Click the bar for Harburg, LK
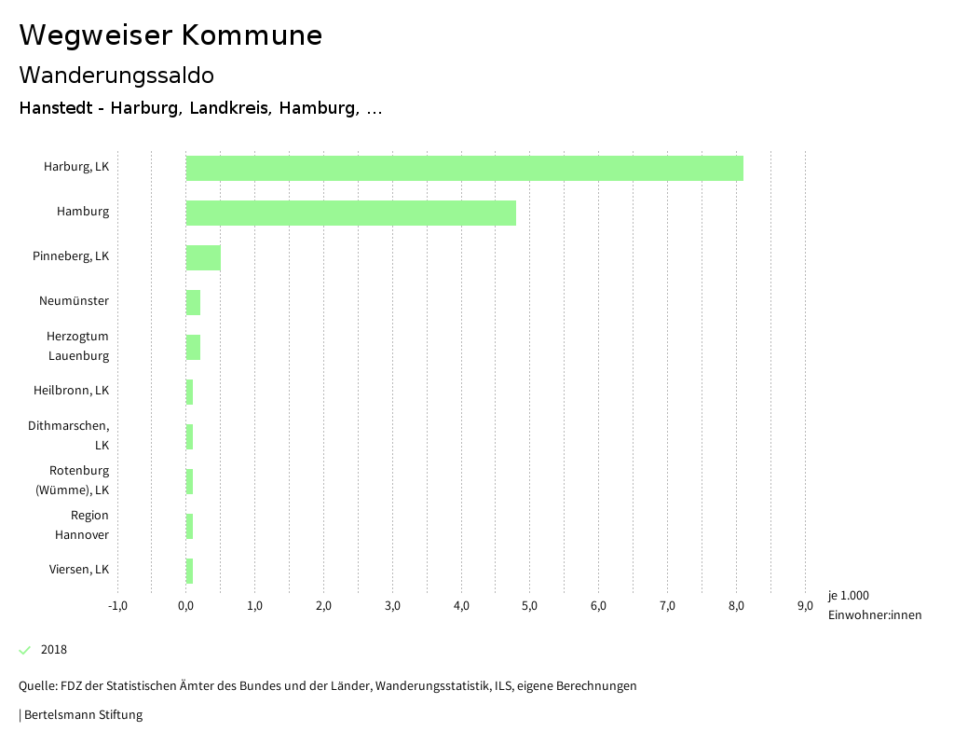pyautogui.click(x=464, y=168)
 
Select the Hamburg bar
pyautogui.click(x=350, y=213)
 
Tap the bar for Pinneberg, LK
pyautogui.click(x=203, y=257)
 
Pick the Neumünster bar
pyautogui.click(x=193, y=302)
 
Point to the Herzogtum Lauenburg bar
pyautogui.click(x=193, y=347)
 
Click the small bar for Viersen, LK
pyautogui.click(x=189, y=571)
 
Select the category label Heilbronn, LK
pyautogui.click(x=71, y=390)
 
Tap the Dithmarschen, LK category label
pyautogui.click(x=69, y=435)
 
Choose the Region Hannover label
pyautogui.click(x=82, y=524)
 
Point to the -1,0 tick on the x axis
pyautogui.click(x=117, y=606)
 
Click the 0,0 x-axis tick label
pyautogui.click(x=185, y=606)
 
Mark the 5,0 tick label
pyautogui.click(x=529, y=606)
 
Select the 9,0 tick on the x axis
pyautogui.click(x=805, y=606)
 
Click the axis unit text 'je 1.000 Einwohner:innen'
pyautogui.click(x=874, y=605)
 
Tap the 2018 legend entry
pyautogui.click(x=54, y=650)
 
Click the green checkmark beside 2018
pyautogui.click(x=25, y=650)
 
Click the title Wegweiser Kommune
pyautogui.click(x=170, y=35)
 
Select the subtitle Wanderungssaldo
pyautogui.click(x=116, y=75)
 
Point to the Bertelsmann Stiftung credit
pyautogui.click(x=82, y=715)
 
